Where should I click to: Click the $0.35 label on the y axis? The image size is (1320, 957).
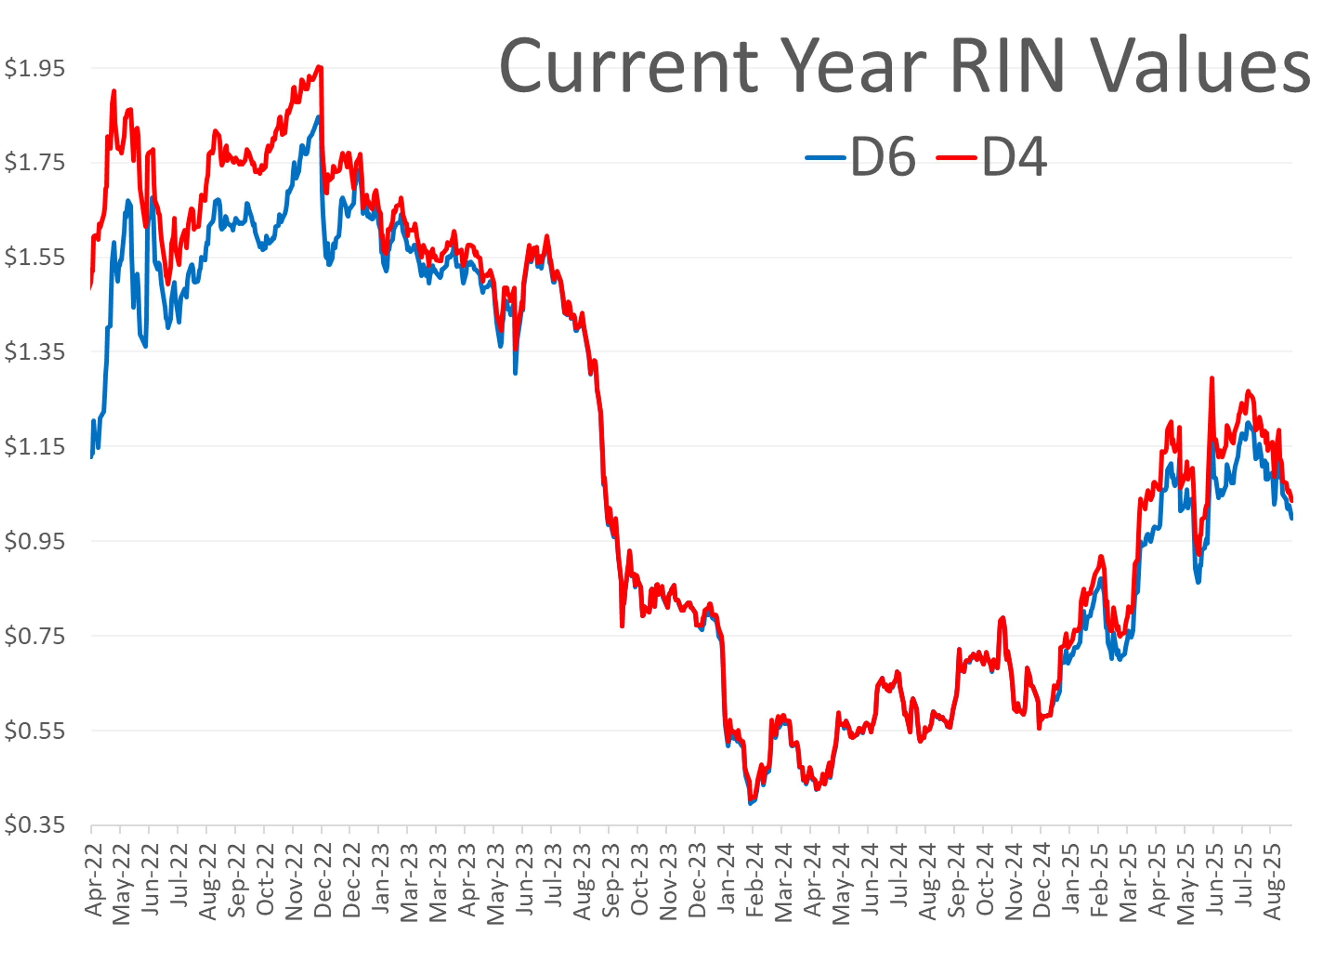(35, 825)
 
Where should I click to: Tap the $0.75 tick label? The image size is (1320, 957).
(35, 636)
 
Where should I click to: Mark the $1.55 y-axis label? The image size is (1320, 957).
(35, 257)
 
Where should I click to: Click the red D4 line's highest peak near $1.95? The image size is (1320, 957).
(319, 67)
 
